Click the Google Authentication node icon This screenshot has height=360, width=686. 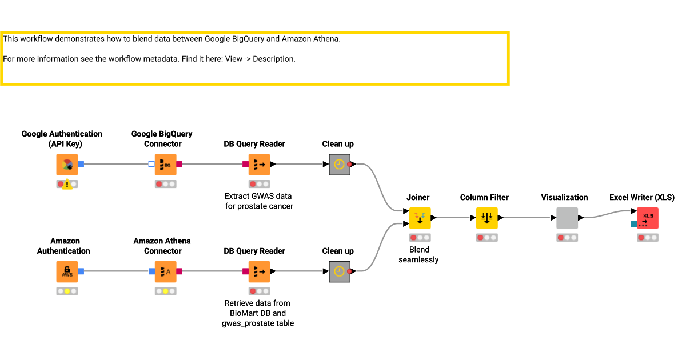click(67, 165)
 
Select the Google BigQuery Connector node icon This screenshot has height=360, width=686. click(165, 165)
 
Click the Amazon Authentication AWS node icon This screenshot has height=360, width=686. click(67, 271)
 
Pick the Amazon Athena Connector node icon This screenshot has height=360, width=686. click(165, 271)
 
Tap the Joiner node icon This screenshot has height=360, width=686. click(420, 218)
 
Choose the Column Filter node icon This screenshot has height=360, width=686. click(487, 218)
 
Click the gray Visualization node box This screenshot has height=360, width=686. click(567, 218)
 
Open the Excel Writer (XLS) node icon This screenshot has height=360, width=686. click(648, 218)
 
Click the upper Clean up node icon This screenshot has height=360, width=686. click(340, 165)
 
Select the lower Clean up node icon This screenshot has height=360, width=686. click(340, 271)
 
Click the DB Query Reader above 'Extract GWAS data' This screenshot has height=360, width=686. click(259, 165)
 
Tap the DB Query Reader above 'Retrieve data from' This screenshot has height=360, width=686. click(259, 271)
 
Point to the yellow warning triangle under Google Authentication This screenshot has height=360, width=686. click(67, 185)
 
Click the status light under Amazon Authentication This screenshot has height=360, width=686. click(67, 291)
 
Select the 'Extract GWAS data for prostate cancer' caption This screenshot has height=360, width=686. click(259, 201)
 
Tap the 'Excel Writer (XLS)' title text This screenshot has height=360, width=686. click(642, 197)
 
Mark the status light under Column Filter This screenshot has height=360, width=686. click(487, 237)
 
